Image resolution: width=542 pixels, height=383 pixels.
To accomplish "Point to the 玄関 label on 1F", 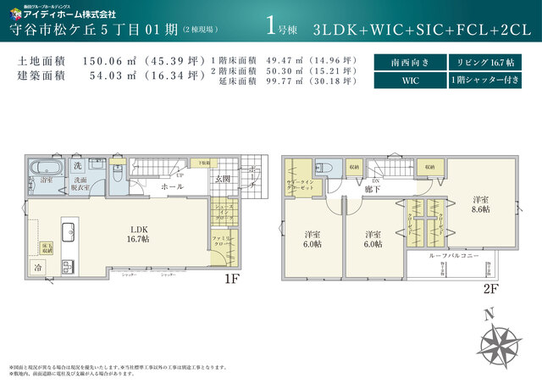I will (224, 179).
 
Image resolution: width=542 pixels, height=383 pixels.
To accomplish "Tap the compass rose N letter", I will (489, 314).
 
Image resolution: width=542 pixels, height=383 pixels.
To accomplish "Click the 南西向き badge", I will (408, 62).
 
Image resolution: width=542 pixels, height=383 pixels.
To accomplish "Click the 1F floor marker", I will (232, 277).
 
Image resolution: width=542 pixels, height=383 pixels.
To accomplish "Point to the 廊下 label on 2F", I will (372, 189).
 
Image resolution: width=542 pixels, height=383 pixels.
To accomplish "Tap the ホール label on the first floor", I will (172, 186).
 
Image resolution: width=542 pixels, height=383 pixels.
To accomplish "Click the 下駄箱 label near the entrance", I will (204, 162).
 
